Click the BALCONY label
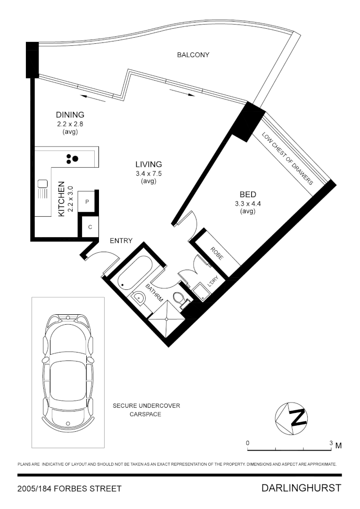[193, 55]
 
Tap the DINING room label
[70, 115]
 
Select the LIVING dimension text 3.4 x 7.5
[148, 173]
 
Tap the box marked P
[87, 201]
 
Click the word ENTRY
[121, 241]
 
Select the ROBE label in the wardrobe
[217, 254]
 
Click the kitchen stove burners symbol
[72, 159]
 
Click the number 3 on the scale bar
[331, 443]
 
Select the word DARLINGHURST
[301, 488]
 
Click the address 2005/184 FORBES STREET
[69, 489]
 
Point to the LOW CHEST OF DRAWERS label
[288, 158]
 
